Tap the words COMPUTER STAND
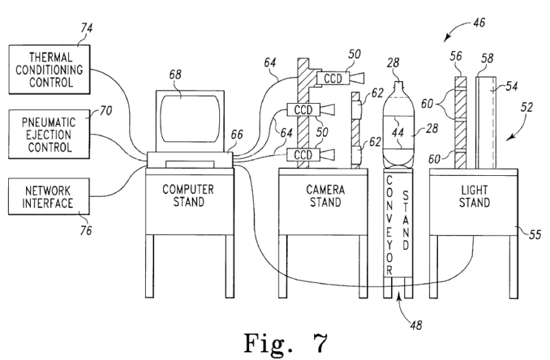coord(189,195)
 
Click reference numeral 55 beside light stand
coord(535,234)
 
